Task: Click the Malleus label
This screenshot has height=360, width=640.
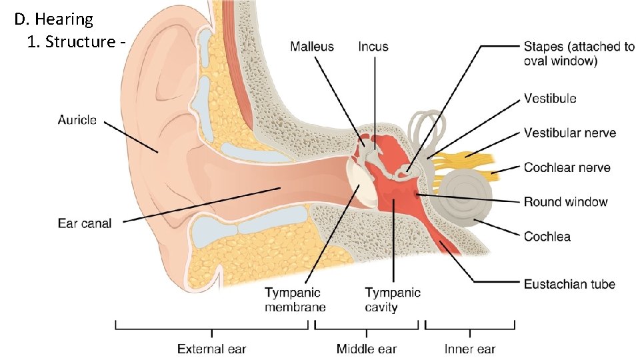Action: coord(312,47)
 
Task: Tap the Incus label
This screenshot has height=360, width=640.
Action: coord(373,47)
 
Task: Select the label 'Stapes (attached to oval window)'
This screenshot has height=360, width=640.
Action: coord(579,53)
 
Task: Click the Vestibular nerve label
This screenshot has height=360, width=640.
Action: coord(570,133)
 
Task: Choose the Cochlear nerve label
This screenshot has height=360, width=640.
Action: coord(567,167)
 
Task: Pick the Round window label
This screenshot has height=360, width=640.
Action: coord(565,201)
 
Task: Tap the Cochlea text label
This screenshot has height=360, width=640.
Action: coord(547,236)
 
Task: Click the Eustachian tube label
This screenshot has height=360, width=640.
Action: coord(569,284)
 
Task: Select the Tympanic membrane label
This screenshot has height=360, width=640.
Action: coord(295,299)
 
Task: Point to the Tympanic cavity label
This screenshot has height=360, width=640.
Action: coord(393,299)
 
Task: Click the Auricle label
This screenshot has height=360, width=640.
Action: coord(77,120)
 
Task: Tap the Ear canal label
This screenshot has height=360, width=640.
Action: coord(85,223)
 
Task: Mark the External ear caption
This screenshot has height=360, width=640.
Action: coord(211,349)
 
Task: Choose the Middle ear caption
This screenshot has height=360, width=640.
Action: coord(366,349)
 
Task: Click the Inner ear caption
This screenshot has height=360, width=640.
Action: coord(470,349)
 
